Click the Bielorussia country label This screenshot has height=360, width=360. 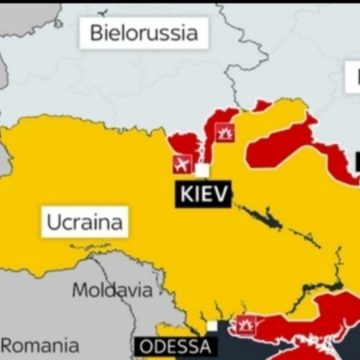144,32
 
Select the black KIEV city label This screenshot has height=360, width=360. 203,192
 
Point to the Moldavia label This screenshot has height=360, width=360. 112,290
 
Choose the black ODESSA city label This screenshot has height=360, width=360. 173,348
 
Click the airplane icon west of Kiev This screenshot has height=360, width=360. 182,163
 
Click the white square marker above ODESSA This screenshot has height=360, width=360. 212,328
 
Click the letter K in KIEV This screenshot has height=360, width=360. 183,192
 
